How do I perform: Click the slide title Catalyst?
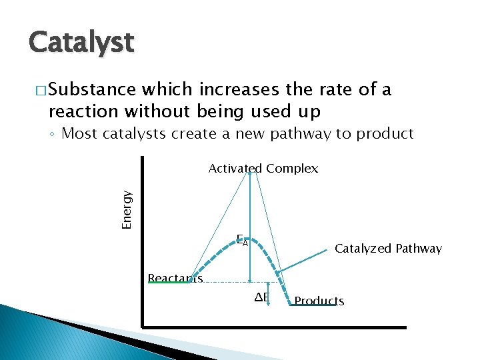pos(81,43)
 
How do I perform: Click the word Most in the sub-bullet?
pos(76,133)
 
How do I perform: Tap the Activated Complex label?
pos(263,169)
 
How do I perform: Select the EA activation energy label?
pos(242,240)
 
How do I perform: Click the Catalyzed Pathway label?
pos(388,249)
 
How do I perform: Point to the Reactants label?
pos(175,278)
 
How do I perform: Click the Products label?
pos(319,301)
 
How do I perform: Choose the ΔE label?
pos(261,297)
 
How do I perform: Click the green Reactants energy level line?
pos(169,283)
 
